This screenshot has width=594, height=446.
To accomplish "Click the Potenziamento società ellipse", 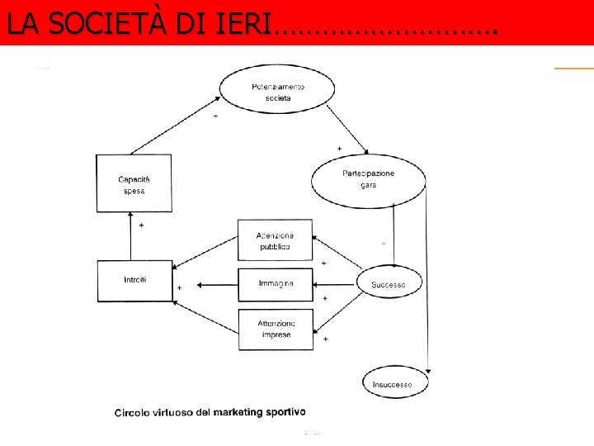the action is [x=277, y=92].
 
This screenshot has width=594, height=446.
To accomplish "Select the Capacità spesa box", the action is [x=133, y=185].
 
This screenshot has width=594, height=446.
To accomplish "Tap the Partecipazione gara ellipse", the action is [x=368, y=179].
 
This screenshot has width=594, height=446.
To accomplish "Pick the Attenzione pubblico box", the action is [x=276, y=241].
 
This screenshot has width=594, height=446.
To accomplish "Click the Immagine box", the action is [x=276, y=284].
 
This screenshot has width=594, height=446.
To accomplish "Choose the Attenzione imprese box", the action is [x=276, y=328].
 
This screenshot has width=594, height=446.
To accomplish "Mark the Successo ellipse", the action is [x=389, y=284].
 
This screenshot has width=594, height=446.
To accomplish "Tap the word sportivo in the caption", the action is [x=280, y=411].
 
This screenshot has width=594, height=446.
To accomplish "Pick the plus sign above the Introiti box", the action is [x=141, y=225].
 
